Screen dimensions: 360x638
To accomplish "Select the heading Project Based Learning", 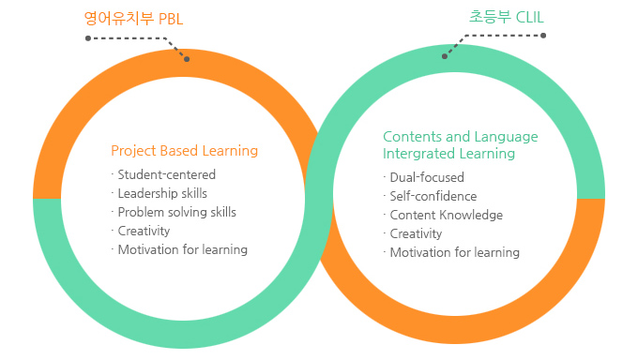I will (184, 150).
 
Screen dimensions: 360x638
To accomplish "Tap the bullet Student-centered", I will (166, 174).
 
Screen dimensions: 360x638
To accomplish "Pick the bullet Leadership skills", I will (162, 193).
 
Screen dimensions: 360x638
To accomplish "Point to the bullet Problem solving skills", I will (176, 212).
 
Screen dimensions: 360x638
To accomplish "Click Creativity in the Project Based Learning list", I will (144, 231).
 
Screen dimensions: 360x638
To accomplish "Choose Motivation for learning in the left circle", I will (182, 249).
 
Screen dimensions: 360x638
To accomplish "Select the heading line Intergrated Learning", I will (448, 153).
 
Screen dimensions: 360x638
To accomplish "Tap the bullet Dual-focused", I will (426, 177).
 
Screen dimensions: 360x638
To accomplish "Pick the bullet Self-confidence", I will (433, 196).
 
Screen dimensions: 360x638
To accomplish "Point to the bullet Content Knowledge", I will (446, 215).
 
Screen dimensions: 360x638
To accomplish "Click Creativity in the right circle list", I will (416, 233).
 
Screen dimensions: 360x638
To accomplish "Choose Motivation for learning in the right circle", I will (454, 252).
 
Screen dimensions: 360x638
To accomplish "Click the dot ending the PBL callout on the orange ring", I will (187, 59).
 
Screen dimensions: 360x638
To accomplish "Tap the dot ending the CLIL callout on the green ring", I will (446, 55).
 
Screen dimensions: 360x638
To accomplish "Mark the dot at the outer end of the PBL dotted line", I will (87, 38).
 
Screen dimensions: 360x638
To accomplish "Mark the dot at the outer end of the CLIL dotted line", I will (543, 36).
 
